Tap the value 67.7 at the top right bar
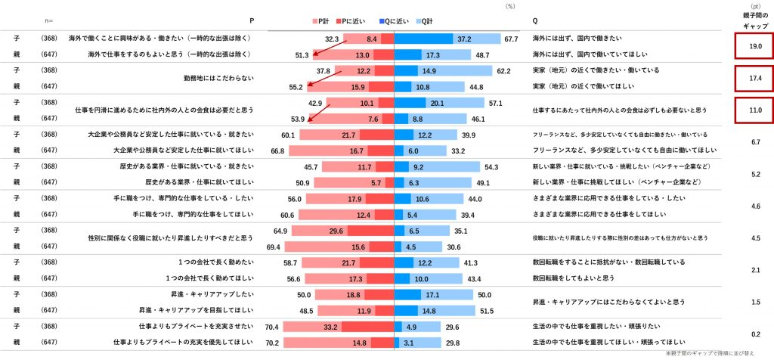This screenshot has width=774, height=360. [x=511, y=39]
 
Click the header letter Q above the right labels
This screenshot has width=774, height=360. [x=535, y=20]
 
